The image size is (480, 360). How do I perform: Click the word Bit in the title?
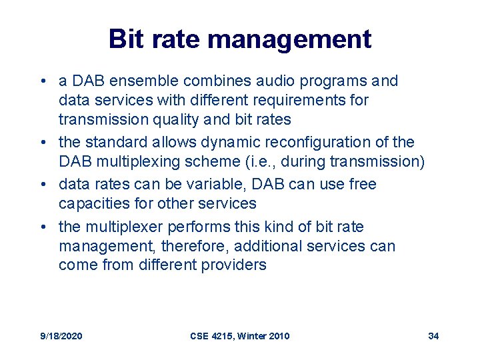point(125,39)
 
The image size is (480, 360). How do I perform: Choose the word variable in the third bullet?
point(197,184)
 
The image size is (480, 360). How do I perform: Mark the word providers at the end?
point(237,265)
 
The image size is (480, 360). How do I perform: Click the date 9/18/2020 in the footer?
point(61,336)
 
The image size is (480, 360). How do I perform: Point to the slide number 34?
point(433,336)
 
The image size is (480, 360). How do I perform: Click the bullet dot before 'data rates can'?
point(43,185)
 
